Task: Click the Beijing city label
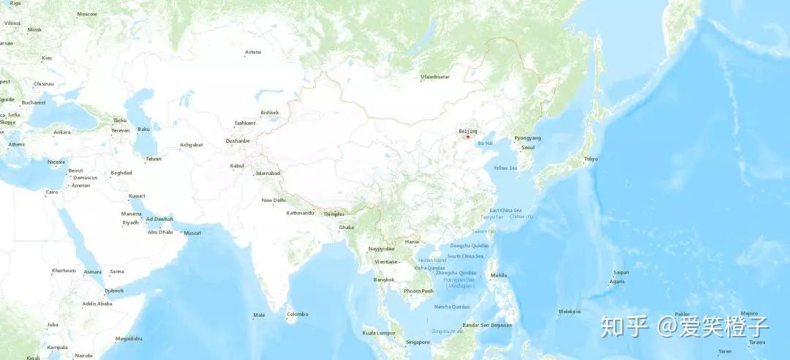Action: coord(467,131)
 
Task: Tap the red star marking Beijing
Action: coord(467,137)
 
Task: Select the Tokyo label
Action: coord(590,159)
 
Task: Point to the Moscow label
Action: coord(87,14)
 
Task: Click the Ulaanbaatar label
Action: coord(434,77)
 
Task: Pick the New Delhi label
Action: coord(274,200)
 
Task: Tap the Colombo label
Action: coord(298,314)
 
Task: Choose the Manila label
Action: coord(499,275)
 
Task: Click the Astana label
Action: coord(253,52)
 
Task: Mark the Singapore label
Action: coord(418,342)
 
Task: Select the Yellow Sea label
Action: coord(505,168)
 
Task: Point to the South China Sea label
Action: coord(464,256)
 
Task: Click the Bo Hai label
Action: coord(485,143)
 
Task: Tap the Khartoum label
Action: coord(64,271)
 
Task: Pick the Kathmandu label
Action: coord(300,213)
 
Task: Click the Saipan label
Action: coord(621,272)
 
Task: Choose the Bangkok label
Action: coord(384,280)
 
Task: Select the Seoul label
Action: coord(527,147)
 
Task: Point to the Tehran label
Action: coord(154,159)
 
